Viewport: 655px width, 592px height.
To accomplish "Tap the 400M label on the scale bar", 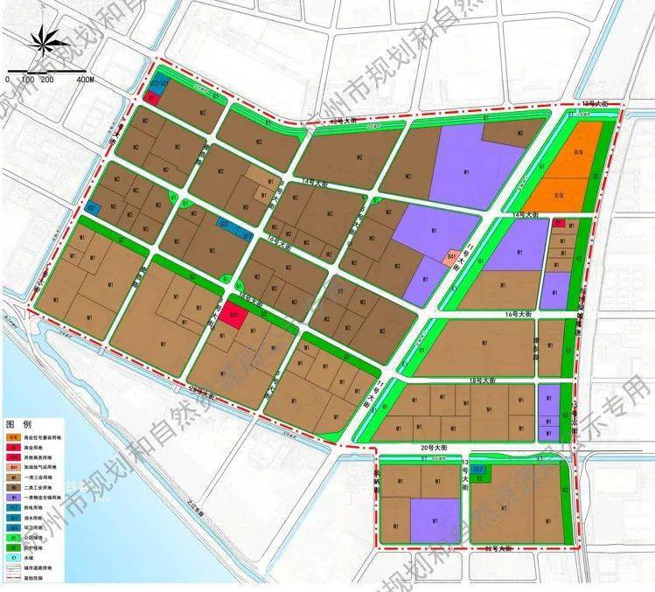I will (85, 80).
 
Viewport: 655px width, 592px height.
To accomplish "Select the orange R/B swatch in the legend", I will (13, 435).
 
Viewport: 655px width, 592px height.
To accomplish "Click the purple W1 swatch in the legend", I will (13, 496).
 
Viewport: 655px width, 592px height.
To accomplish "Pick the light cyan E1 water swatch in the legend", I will (13, 556).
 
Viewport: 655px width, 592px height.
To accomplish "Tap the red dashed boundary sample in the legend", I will (13, 577).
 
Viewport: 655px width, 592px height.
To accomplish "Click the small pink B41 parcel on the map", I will (451, 257).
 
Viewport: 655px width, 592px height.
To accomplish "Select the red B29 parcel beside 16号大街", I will (233, 314).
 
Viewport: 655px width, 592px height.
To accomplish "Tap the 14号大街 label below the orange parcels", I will (527, 213).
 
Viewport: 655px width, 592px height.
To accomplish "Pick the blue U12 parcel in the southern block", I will (478, 471).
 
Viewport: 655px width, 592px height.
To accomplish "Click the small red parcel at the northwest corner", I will (152, 98).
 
